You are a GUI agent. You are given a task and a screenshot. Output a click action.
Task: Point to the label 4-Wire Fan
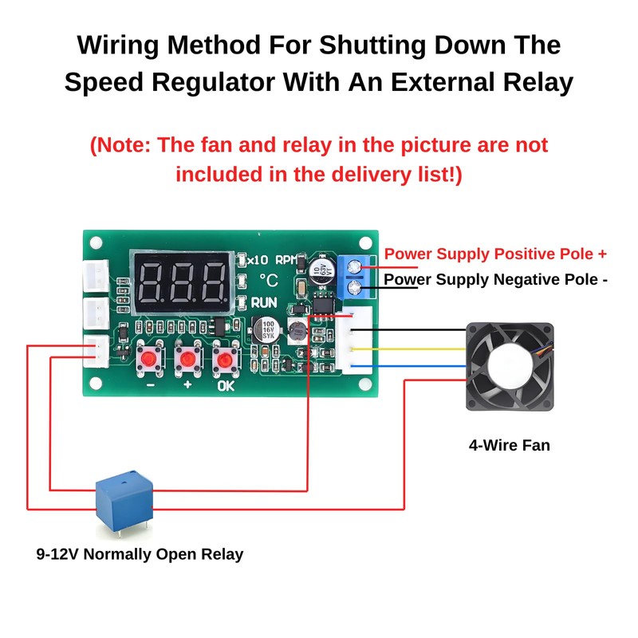coord(509,445)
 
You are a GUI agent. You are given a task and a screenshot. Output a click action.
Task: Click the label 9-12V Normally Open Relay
coord(140,553)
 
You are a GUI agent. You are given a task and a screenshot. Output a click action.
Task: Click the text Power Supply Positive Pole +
coord(495,254)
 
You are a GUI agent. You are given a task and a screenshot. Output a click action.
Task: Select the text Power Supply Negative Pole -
coord(495,279)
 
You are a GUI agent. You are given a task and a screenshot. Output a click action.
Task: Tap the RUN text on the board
coord(264,303)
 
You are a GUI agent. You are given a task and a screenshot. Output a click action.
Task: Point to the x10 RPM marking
coord(270,259)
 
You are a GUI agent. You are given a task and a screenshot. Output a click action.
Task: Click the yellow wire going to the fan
coord(415,349)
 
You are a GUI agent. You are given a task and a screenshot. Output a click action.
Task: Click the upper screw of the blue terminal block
coord(355,266)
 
